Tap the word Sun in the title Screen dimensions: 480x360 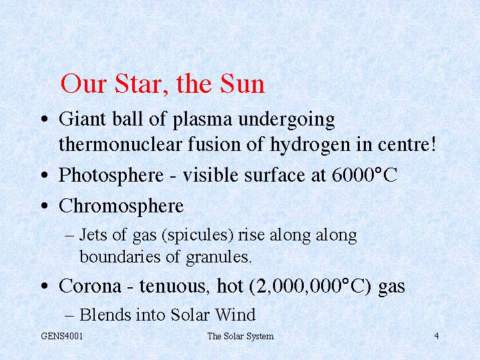pyautogui.click(x=242, y=83)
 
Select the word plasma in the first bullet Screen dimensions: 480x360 pyautogui.click(x=203, y=120)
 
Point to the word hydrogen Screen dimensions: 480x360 pyautogui.click(x=310, y=145)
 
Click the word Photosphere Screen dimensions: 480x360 pyautogui.click(x=111, y=176)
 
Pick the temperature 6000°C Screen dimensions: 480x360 pyautogui.click(x=365, y=175)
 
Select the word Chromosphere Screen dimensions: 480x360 pyautogui.click(x=122, y=206)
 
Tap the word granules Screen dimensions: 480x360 pyautogui.click(x=218, y=256)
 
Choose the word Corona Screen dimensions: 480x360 pyautogui.click(x=90, y=286)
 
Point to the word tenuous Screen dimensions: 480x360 pyautogui.click(x=174, y=286)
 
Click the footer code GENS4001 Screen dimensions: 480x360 pyautogui.click(x=62, y=336)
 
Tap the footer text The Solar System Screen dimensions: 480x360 pyautogui.click(x=240, y=337)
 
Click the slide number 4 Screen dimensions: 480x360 pyautogui.click(x=437, y=336)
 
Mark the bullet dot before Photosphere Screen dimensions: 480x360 pyautogui.click(x=45, y=176)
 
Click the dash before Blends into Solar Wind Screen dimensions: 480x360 pyautogui.click(x=69, y=315)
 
